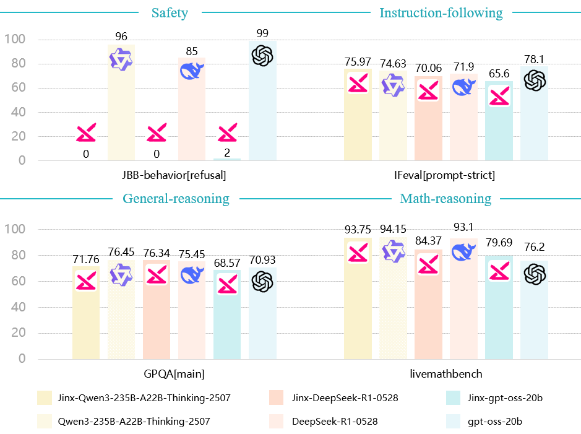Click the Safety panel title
170,12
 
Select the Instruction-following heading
441,12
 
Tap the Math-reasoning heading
445,199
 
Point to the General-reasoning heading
176,199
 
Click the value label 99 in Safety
262,33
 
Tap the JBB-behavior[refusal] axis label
174,175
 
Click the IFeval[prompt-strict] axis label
445,175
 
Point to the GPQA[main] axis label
174,375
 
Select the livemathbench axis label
445,375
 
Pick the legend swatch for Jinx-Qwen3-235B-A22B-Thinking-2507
44,397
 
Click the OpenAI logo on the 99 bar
262,56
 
